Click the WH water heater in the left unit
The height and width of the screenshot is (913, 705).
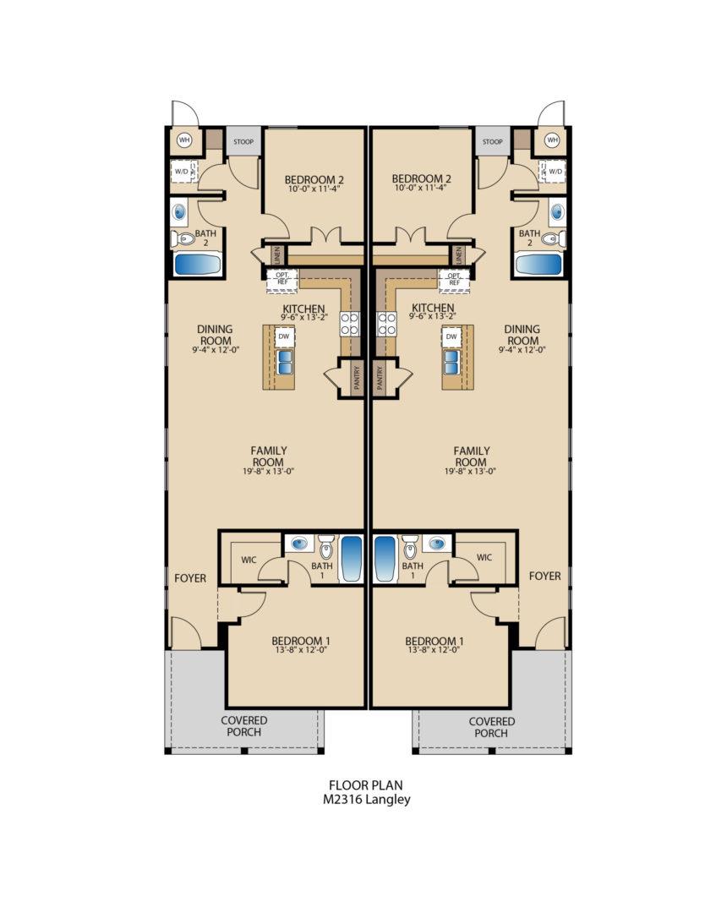183,139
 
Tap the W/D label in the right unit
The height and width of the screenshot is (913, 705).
555,172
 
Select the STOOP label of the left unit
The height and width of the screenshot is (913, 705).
244,142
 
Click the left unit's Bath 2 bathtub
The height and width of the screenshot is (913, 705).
198,264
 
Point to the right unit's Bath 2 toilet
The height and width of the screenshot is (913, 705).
550,239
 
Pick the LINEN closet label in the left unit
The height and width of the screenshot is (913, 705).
276,254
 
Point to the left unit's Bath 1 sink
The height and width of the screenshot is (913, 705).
298,544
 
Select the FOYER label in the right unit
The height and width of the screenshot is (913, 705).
545,576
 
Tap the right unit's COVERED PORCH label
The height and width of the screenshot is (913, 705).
491,727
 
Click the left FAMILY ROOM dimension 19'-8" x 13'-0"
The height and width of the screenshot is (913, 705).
268,471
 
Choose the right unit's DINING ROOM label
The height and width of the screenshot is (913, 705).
522,335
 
